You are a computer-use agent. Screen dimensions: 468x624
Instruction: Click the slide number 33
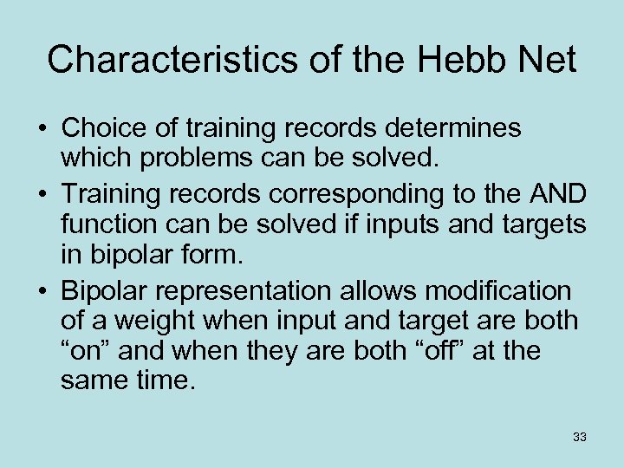coord(580,438)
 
